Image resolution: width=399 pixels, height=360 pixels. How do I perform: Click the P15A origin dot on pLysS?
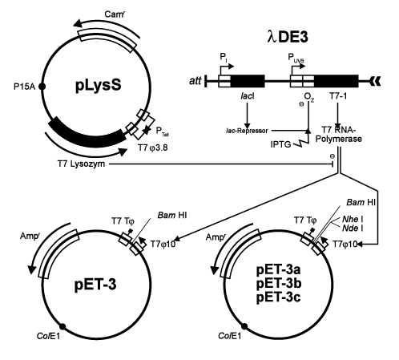point(42,87)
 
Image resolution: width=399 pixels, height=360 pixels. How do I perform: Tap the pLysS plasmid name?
point(99,85)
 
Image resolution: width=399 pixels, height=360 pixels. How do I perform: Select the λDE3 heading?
point(288,37)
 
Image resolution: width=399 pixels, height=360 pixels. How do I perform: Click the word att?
point(195,80)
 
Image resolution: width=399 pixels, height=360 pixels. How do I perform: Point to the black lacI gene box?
point(248,81)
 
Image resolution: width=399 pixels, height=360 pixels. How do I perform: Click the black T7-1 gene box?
point(337,81)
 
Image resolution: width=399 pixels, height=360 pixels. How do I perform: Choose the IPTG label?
point(280,144)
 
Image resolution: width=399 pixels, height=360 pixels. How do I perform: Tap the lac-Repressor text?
point(247,131)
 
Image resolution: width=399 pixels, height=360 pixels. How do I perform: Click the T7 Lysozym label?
point(81,164)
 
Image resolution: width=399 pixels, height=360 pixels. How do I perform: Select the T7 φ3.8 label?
point(153,148)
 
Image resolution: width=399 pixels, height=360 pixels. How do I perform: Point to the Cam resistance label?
point(115,14)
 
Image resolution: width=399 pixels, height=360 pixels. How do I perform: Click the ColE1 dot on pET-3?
point(62,326)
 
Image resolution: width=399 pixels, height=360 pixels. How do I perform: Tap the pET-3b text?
point(279,283)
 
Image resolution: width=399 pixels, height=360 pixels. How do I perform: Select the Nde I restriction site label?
point(353,229)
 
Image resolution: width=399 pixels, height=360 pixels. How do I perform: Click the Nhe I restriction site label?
point(353,220)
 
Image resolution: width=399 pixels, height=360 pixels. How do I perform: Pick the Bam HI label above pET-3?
point(172,215)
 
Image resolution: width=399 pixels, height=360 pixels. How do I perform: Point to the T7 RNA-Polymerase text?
point(339,135)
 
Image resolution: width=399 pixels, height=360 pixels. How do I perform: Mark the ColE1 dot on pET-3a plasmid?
point(244,326)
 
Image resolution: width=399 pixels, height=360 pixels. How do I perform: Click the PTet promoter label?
point(163,131)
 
